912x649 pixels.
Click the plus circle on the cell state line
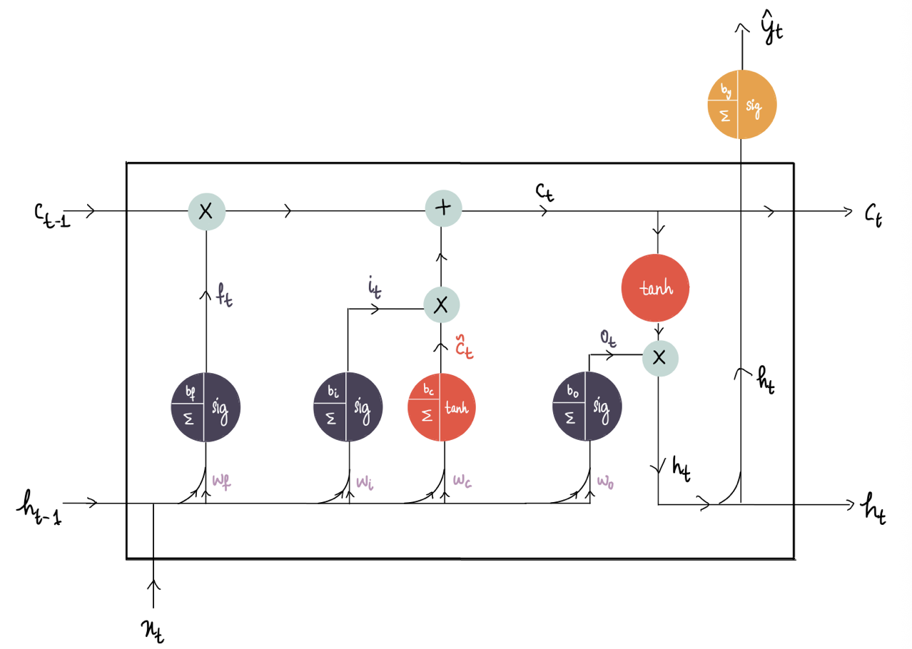point(443,208)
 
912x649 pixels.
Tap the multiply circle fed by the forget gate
point(206,212)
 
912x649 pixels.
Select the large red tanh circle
point(655,288)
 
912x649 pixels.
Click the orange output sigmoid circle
point(742,105)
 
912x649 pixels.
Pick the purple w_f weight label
point(221,482)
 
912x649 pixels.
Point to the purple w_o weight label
point(605,482)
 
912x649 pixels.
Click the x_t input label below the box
point(153,631)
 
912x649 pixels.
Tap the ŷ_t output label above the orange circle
point(772,27)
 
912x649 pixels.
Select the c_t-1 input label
point(52,215)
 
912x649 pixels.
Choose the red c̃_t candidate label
point(464,347)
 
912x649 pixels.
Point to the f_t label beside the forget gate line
point(224,295)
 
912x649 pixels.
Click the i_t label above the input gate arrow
point(375,287)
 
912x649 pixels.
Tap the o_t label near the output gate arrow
point(608,338)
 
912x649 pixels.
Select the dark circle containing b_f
point(206,407)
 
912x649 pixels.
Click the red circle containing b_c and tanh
point(442,407)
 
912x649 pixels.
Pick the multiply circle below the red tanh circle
point(660,359)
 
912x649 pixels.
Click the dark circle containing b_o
point(587,406)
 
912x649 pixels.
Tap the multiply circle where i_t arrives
point(442,305)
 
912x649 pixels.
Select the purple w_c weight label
point(462,481)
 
